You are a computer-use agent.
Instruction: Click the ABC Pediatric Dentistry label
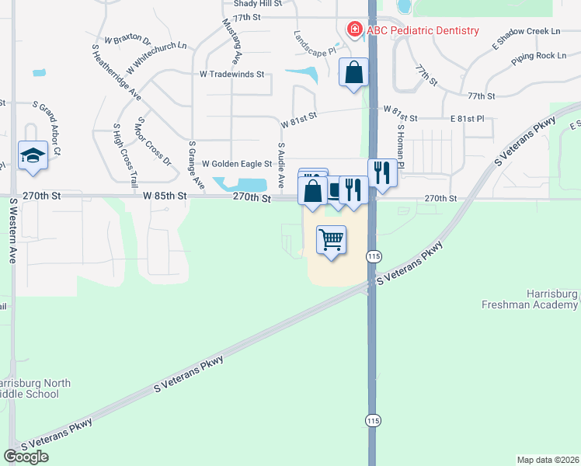click(x=422, y=30)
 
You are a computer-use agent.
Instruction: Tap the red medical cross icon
click(x=354, y=30)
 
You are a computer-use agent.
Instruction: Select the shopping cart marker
click(x=331, y=241)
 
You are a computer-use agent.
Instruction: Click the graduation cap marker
click(x=33, y=155)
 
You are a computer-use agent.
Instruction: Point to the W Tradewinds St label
click(x=232, y=75)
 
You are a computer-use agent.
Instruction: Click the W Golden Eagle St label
click(x=237, y=164)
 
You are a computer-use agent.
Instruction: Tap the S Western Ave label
click(x=13, y=231)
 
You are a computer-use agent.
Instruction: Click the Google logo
click(x=26, y=456)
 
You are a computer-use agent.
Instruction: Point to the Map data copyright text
click(x=548, y=459)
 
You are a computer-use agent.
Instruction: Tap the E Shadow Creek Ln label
click(x=527, y=37)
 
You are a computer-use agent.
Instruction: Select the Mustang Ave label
click(x=234, y=43)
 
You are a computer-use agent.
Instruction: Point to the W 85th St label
click(x=165, y=196)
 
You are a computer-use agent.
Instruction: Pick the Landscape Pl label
click(x=315, y=42)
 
